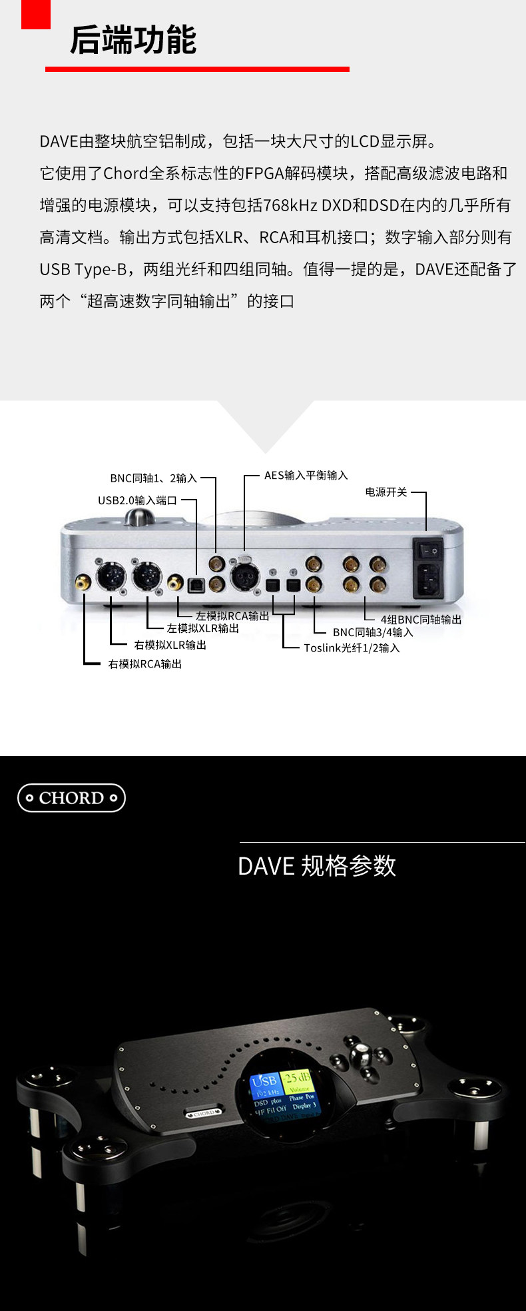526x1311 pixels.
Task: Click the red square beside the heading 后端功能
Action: pyautogui.click(x=35, y=14)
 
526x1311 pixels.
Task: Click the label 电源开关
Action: pyautogui.click(x=386, y=492)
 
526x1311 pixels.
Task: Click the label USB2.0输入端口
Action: pyautogui.click(x=137, y=500)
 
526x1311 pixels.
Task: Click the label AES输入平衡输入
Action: pyautogui.click(x=306, y=476)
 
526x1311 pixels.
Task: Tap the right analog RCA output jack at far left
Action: pyautogui.click(x=83, y=583)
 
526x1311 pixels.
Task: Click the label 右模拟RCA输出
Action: pyautogui.click(x=144, y=664)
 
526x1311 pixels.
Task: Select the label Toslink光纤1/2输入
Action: pyautogui.click(x=352, y=648)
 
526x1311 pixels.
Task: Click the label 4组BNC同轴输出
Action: pyautogui.click(x=421, y=620)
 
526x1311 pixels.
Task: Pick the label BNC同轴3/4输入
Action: pyautogui.click(x=373, y=633)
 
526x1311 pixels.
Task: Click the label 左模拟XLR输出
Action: pyautogui.click(x=202, y=628)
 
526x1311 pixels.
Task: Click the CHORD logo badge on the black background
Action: pyautogui.click(x=71, y=798)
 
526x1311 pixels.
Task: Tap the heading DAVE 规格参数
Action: pyautogui.click(x=317, y=866)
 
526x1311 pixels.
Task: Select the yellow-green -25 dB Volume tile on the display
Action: pyautogui.click(x=297, y=1081)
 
